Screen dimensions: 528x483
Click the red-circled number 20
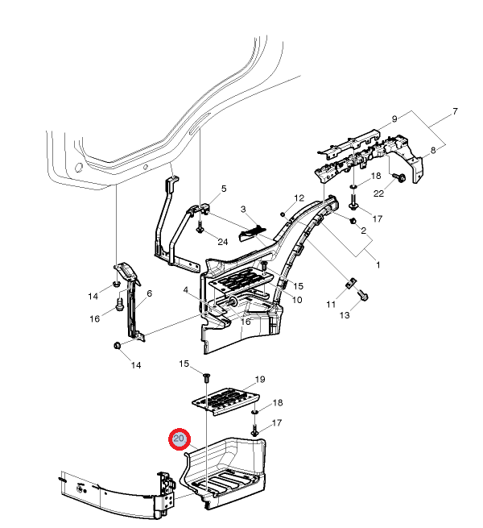tap(179, 439)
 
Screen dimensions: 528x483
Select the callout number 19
tap(260, 379)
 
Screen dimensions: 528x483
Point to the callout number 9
tap(394, 119)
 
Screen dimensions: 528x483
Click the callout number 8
tap(435, 150)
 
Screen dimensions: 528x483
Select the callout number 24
tap(221, 241)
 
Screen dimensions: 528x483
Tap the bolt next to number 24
tap(199, 230)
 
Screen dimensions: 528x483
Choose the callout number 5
tap(224, 189)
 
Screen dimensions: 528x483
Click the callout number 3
tap(220, 210)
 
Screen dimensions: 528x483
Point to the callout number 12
tap(299, 198)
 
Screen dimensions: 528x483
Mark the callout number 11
tap(331, 304)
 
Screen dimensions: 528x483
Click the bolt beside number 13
tap(361, 296)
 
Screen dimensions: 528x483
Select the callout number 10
tap(297, 300)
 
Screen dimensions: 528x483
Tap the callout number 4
tap(185, 290)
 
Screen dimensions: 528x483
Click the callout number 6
tap(148, 294)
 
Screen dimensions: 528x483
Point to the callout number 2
tap(363, 231)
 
